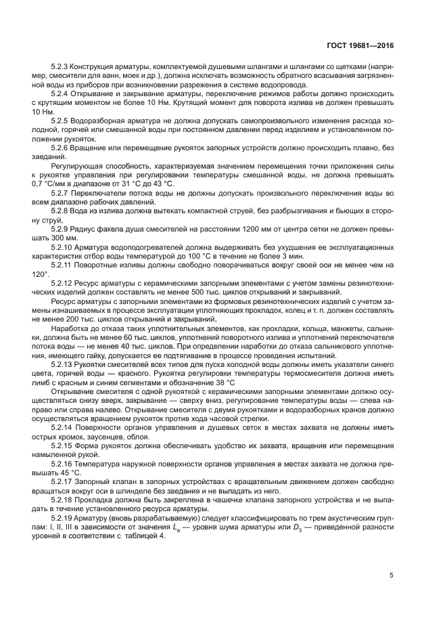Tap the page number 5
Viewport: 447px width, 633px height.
tap(392, 575)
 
